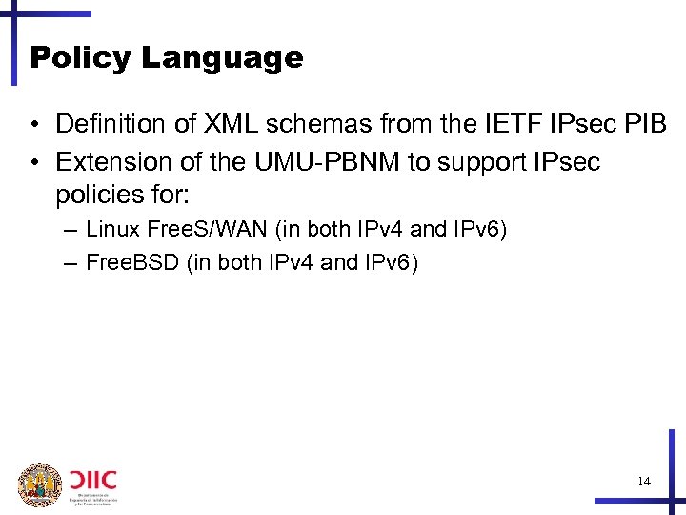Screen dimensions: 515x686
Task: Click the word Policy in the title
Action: tap(81, 58)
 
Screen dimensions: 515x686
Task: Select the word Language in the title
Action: tap(222, 58)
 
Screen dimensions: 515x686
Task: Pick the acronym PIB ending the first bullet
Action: tap(648, 124)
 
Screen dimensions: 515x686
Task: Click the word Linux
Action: tap(111, 230)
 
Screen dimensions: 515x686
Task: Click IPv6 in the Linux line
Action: tap(485, 230)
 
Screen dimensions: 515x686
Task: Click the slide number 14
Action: tap(644, 482)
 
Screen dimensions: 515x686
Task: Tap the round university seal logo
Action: tap(39, 484)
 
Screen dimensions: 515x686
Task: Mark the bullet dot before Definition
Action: tap(34, 125)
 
